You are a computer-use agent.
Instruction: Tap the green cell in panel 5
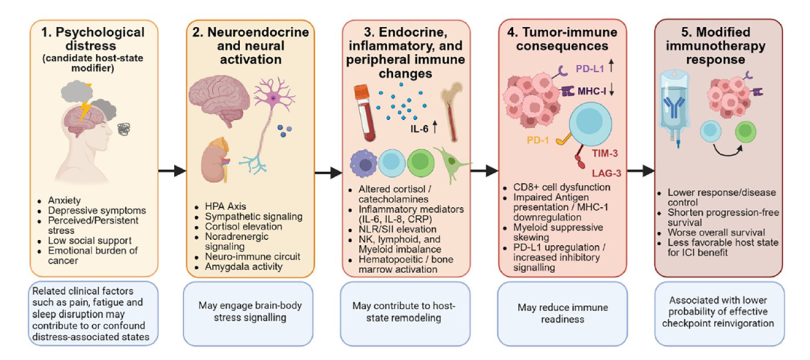coord(745,132)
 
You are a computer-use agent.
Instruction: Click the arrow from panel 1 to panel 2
coord(171,170)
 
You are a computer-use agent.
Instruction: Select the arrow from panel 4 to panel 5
coord(640,170)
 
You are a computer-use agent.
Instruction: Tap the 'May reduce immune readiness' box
coord(562,313)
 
